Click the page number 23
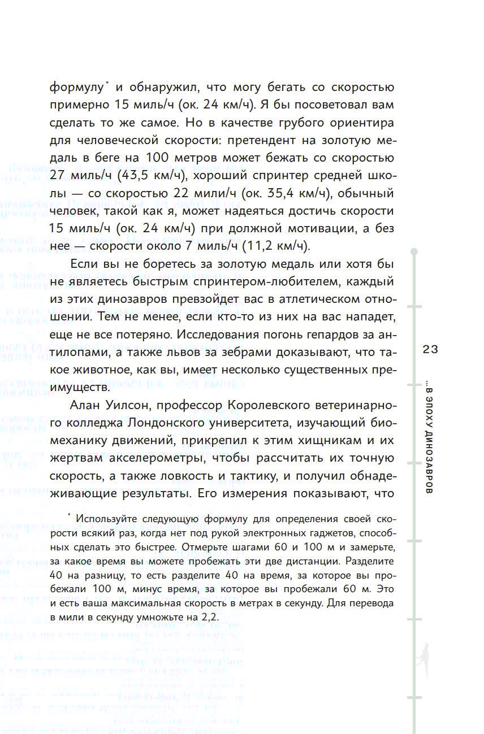pyautogui.click(x=430, y=350)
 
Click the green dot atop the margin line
pyautogui.click(x=414, y=250)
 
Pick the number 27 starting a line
pyautogui.click(x=58, y=176)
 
